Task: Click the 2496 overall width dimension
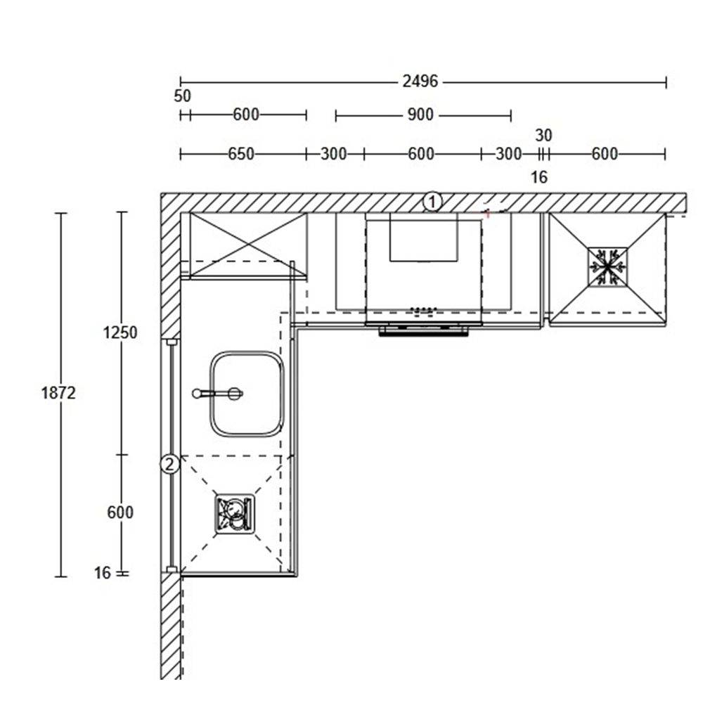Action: pos(420,82)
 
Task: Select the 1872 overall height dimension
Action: pos(58,393)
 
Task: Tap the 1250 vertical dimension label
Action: pos(119,332)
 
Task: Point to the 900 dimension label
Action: pos(420,115)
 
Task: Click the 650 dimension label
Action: pos(241,154)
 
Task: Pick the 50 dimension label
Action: pos(182,96)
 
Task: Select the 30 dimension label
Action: pos(543,136)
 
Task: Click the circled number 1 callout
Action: pos(432,202)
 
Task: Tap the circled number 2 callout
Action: pos(169,465)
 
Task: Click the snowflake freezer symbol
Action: pos(607,267)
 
